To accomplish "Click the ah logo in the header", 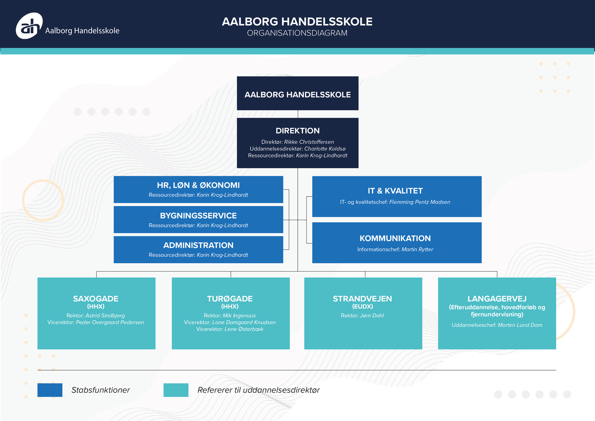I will [x=29, y=26].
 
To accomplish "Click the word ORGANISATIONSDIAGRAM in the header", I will [x=297, y=33].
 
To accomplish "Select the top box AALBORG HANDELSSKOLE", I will [x=297, y=94].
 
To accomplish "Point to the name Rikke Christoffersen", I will [x=309, y=142].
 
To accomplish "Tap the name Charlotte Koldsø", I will [x=324, y=149].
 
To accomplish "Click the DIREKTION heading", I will [x=297, y=131].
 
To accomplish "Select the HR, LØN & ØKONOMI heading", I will [x=198, y=185].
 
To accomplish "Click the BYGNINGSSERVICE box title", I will [x=198, y=216].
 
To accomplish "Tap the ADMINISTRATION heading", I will [x=198, y=245].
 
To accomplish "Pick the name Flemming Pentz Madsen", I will [x=420, y=202].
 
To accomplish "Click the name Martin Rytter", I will [x=417, y=249].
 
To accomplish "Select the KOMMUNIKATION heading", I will [x=395, y=238].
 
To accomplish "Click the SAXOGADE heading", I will [x=96, y=299].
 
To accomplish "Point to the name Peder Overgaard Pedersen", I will [x=110, y=322].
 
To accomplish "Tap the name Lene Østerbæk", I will [x=244, y=329].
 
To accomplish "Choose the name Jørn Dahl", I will [x=372, y=316].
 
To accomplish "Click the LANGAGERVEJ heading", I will [x=497, y=299].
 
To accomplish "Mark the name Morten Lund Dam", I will [x=520, y=325].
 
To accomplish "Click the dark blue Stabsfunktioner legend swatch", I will [x=50, y=390].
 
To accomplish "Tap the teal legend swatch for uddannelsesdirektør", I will [x=176, y=390].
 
